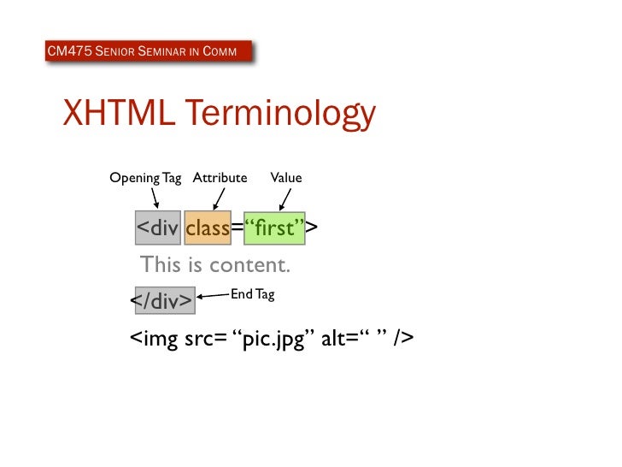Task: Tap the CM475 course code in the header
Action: (68, 53)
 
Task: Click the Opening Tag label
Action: (145, 178)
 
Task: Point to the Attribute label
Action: (220, 178)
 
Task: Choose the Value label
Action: (285, 178)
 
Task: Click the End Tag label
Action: (252, 294)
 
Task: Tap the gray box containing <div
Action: (157, 228)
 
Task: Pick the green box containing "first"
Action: (275, 228)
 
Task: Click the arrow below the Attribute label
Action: (219, 198)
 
